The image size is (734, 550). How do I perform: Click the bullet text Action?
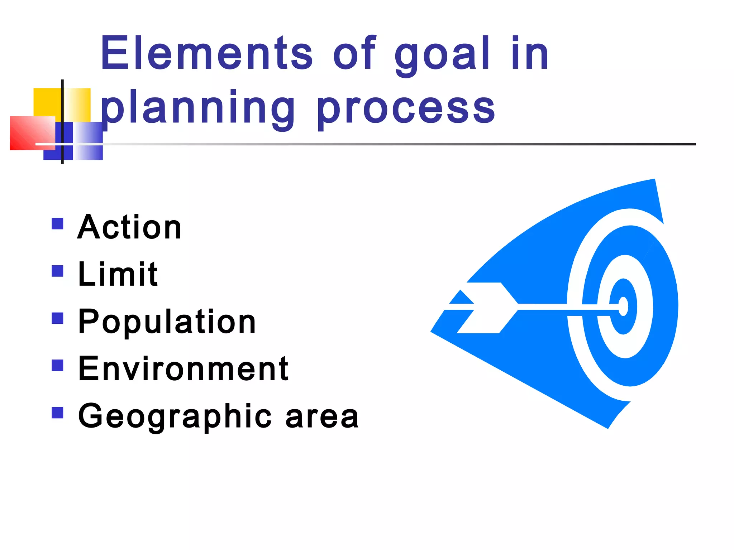pyautogui.click(x=129, y=227)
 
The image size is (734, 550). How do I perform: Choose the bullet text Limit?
pyautogui.click(x=118, y=274)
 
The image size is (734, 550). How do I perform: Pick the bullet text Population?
pyautogui.click(x=167, y=322)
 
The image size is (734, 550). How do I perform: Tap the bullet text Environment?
pyautogui.click(x=183, y=368)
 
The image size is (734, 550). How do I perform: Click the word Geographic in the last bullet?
pyautogui.click(x=175, y=416)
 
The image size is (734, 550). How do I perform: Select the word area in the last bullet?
pyautogui.click(x=322, y=417)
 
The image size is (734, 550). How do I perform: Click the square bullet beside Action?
pyautogui.click(x=57, y=224)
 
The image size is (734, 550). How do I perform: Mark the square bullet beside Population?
pyautogui.click(x=57, y=318)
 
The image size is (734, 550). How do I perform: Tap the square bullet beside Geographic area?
pyautogui.click(x=57, y=413)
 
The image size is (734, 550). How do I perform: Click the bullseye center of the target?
pyautogui.click(x=623, y=307)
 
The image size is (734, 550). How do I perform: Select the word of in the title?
pyautogui.click(x=354, y=54)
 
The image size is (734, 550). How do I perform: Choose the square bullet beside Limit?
pyautogui.click(x=57, y=271)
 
